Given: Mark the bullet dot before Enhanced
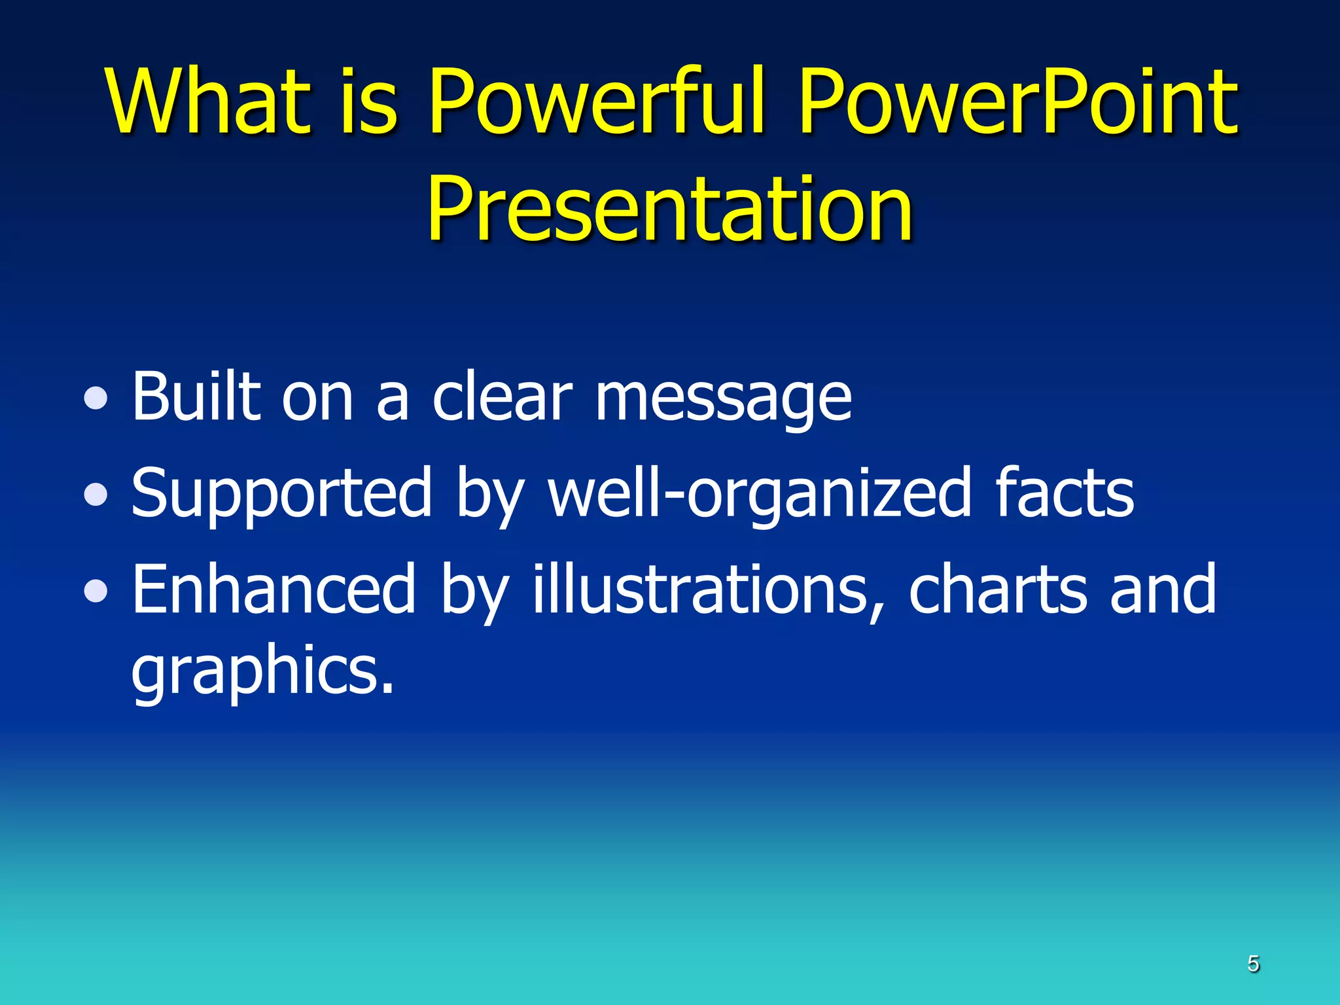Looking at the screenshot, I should click(96, 591).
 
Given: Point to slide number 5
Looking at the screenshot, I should click(1253, 964).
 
